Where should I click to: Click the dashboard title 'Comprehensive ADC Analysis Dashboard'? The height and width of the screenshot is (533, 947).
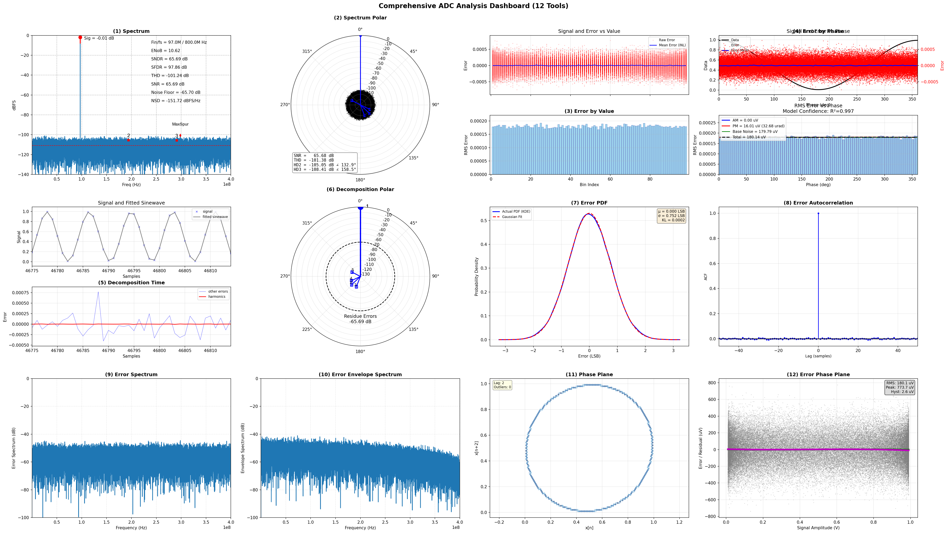(473, 6)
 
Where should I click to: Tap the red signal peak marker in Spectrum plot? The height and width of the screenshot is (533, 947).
(80, 37)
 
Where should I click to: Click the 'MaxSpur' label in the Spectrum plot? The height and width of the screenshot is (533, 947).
(180, 124)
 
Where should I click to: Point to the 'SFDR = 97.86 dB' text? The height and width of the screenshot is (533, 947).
(169, 67)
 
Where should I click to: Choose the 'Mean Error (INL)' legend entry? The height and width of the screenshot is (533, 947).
(672, 45)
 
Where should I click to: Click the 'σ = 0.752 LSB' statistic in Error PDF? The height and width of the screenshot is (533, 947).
(671, 216)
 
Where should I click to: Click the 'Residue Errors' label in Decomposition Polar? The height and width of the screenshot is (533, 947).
(360, 316)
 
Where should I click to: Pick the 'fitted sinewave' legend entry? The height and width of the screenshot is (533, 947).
(215, 217)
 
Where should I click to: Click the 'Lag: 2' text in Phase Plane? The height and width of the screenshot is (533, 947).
(499, 383)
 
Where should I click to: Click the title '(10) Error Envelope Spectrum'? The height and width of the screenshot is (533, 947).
(360, 375)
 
